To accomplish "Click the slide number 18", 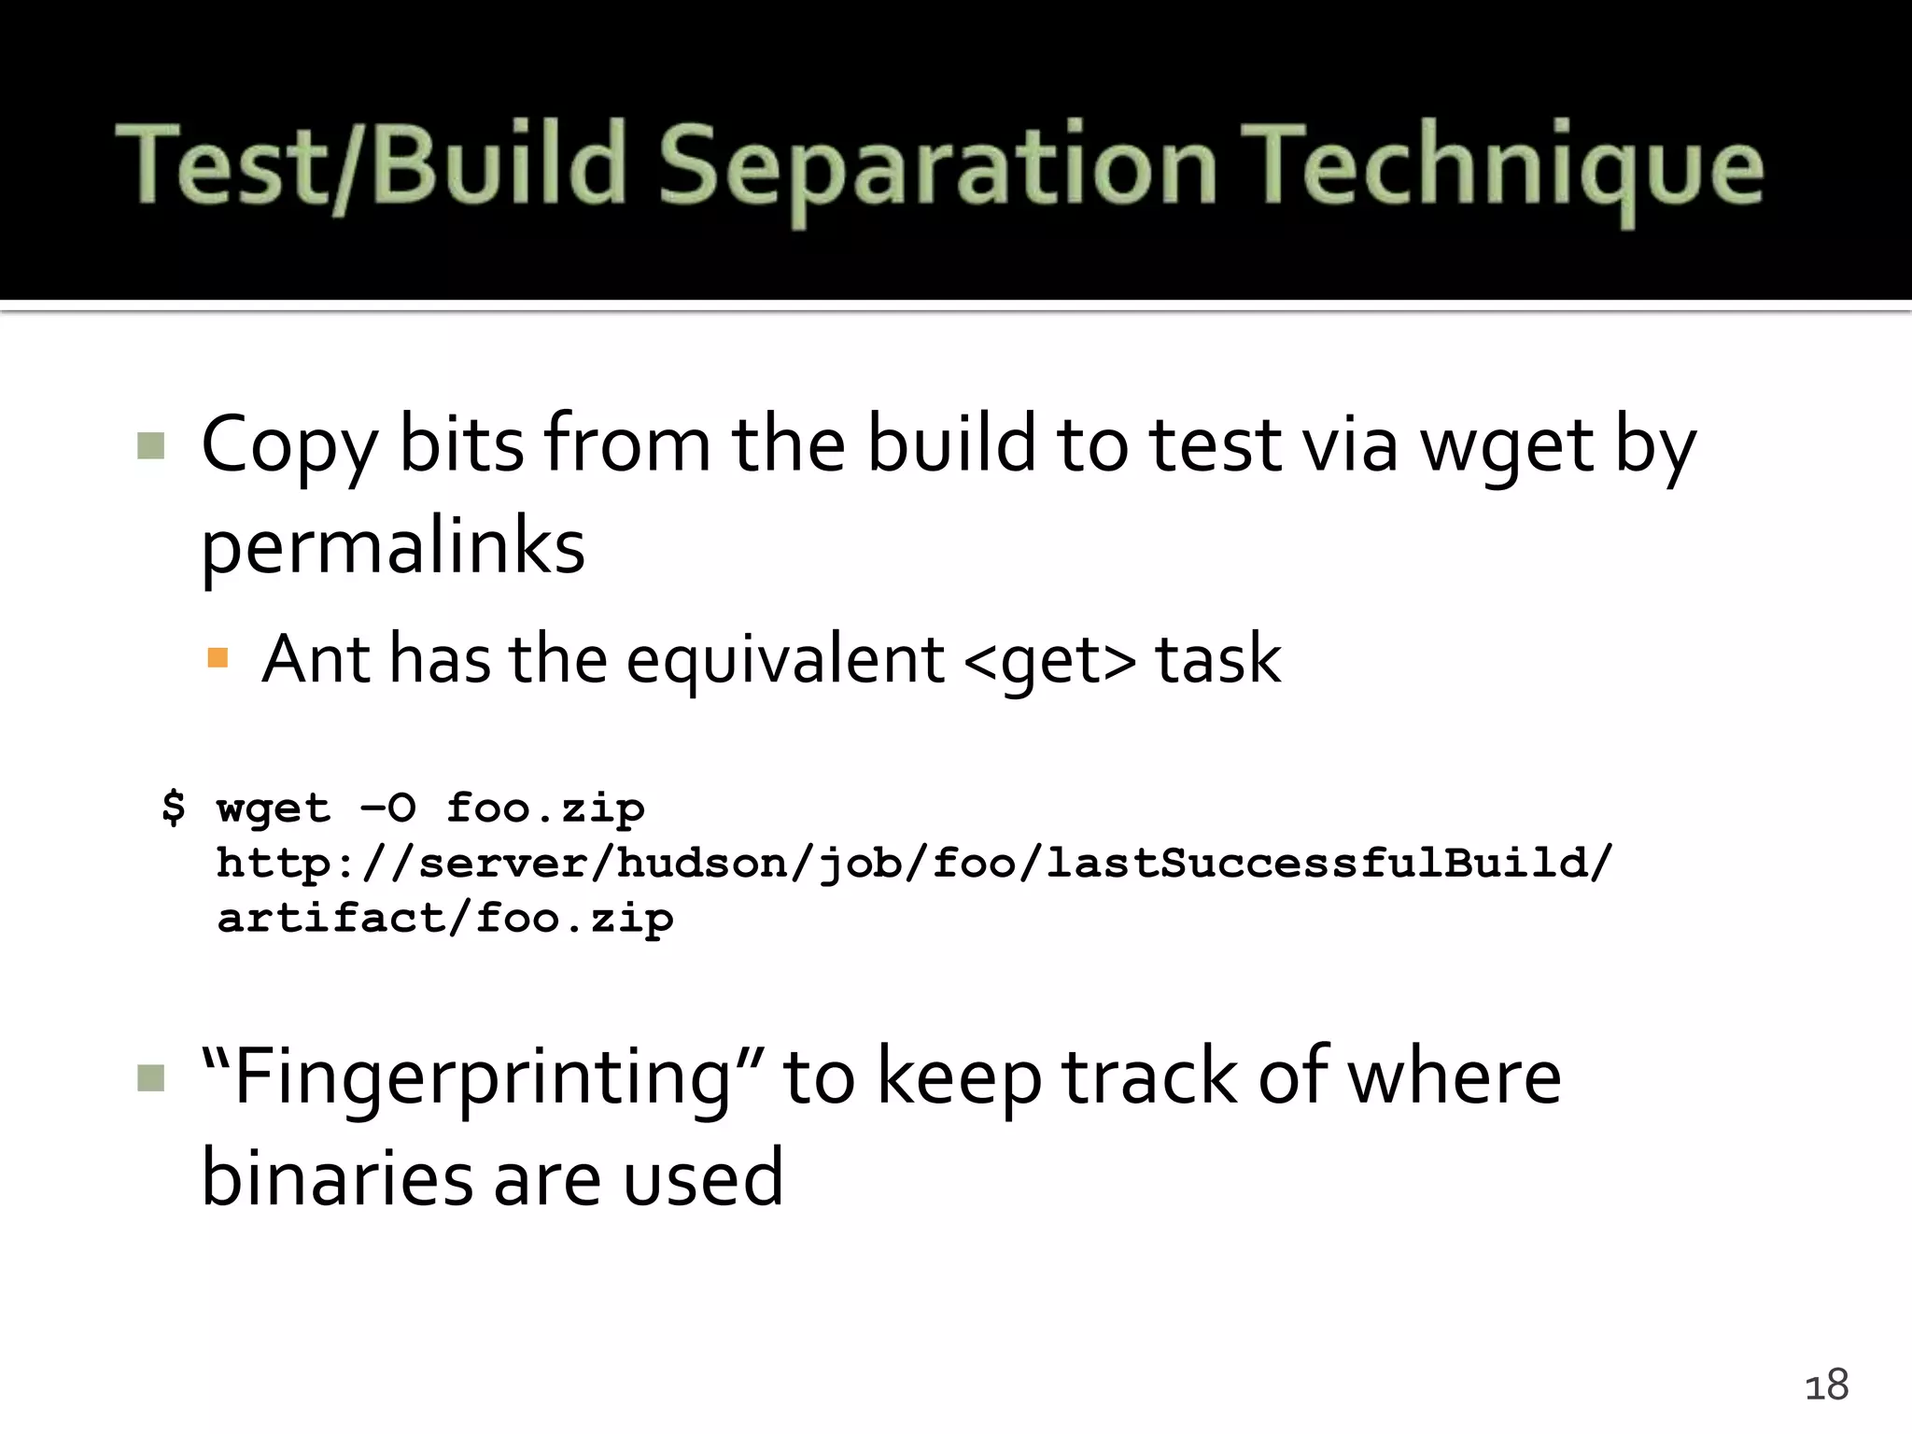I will coord(1826,1385).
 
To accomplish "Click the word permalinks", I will coord(393,549).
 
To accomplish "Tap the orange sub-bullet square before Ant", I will coord(218,659).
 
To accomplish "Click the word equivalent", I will coord(784,659).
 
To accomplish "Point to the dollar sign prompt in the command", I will coord(174,807).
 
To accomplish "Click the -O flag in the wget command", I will coord(387,808).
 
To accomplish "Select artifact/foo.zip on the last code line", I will coord(444,919).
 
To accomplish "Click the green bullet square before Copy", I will coord(150,446).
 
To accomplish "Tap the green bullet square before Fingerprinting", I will coord(150,1078).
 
